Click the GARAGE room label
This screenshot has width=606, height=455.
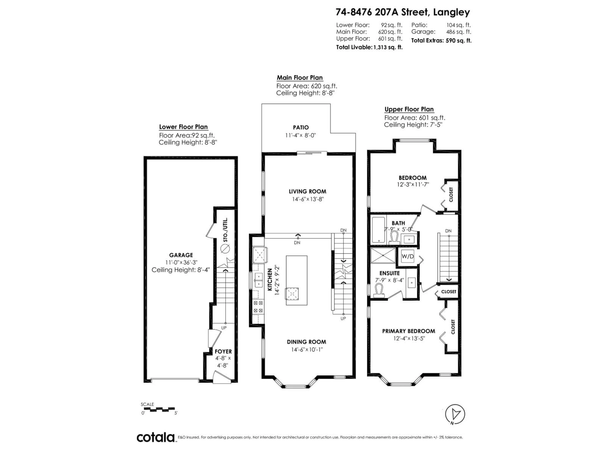click(181, 255)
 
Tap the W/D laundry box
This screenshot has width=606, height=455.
click(408, 256)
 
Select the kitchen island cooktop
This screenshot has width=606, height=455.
click(292, 294)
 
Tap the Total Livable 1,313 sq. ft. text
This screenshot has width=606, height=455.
click(369, 47)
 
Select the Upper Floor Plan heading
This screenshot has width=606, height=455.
click(409, 109)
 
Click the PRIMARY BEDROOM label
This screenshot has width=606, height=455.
click(408, 331)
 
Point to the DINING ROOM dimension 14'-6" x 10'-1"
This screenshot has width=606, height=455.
click(307, 350)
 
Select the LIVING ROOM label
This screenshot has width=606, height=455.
click(307, 191)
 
